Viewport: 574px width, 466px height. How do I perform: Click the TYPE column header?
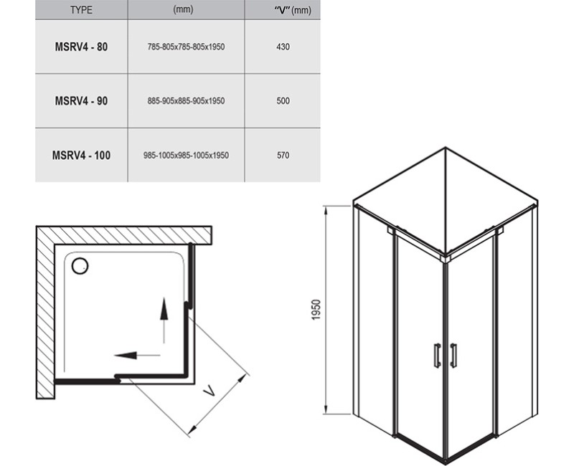[x=81, y=10]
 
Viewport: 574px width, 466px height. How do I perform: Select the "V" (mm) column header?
[x=293, y=10]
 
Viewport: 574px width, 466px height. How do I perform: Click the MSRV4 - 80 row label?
[x=81, y=47]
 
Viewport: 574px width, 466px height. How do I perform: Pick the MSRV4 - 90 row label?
[x=81, y=101]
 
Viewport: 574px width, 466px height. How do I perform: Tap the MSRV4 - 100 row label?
[x=81, y=156]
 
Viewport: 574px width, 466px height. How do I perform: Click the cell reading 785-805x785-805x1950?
[x=186, y=47]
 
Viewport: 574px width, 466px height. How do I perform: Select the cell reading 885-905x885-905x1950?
[x=186, y=101]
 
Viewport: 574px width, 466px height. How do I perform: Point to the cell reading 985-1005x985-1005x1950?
[x=186, y=156]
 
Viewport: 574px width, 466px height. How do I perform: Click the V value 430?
[x=283, y=47]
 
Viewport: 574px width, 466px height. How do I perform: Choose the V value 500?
[x=283, y=101]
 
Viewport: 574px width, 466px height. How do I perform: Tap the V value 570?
[x=283, y=156]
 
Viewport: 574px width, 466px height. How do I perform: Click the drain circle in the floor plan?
[x=80, y=266]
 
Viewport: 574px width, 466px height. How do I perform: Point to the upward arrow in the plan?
[x=164, y=320]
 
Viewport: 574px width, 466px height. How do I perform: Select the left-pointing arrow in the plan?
[x=137, y=355]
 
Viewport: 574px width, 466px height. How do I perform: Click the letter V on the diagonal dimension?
[x=210, y=391]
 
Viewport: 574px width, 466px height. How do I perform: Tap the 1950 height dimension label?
[x=316, y=310]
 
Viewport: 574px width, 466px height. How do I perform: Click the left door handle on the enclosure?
[x=437, y=355]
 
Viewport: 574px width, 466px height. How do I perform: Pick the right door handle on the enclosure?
[x=453, y=355]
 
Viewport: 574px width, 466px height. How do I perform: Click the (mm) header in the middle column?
[x=183, y=9]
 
